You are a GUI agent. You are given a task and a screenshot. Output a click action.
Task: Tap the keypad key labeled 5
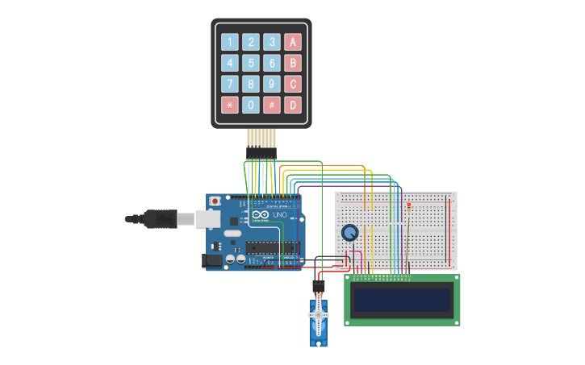251,63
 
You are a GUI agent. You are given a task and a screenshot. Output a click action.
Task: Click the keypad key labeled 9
272,84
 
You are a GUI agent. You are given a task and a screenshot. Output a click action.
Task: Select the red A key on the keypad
292,42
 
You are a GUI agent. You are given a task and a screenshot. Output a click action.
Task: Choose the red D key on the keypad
292,105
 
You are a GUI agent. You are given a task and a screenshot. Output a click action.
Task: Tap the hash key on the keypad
272,105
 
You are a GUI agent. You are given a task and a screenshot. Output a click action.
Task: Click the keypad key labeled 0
251,105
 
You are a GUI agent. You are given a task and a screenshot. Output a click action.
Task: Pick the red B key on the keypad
292,63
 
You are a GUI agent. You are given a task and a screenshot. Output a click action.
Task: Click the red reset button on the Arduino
215,201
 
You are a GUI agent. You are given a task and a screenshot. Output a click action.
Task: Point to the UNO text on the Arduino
279,215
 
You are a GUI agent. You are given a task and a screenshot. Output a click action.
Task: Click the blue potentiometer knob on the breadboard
349,233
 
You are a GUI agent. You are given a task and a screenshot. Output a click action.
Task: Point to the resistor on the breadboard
409,207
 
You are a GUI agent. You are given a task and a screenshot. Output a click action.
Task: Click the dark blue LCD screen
402,300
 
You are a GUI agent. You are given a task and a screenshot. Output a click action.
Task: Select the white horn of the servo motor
320,315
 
